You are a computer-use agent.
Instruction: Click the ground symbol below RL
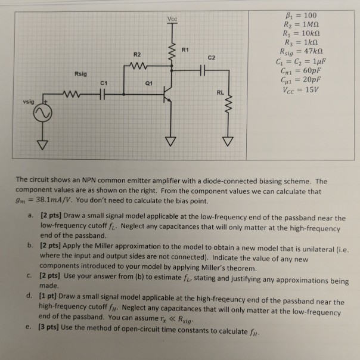226,143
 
